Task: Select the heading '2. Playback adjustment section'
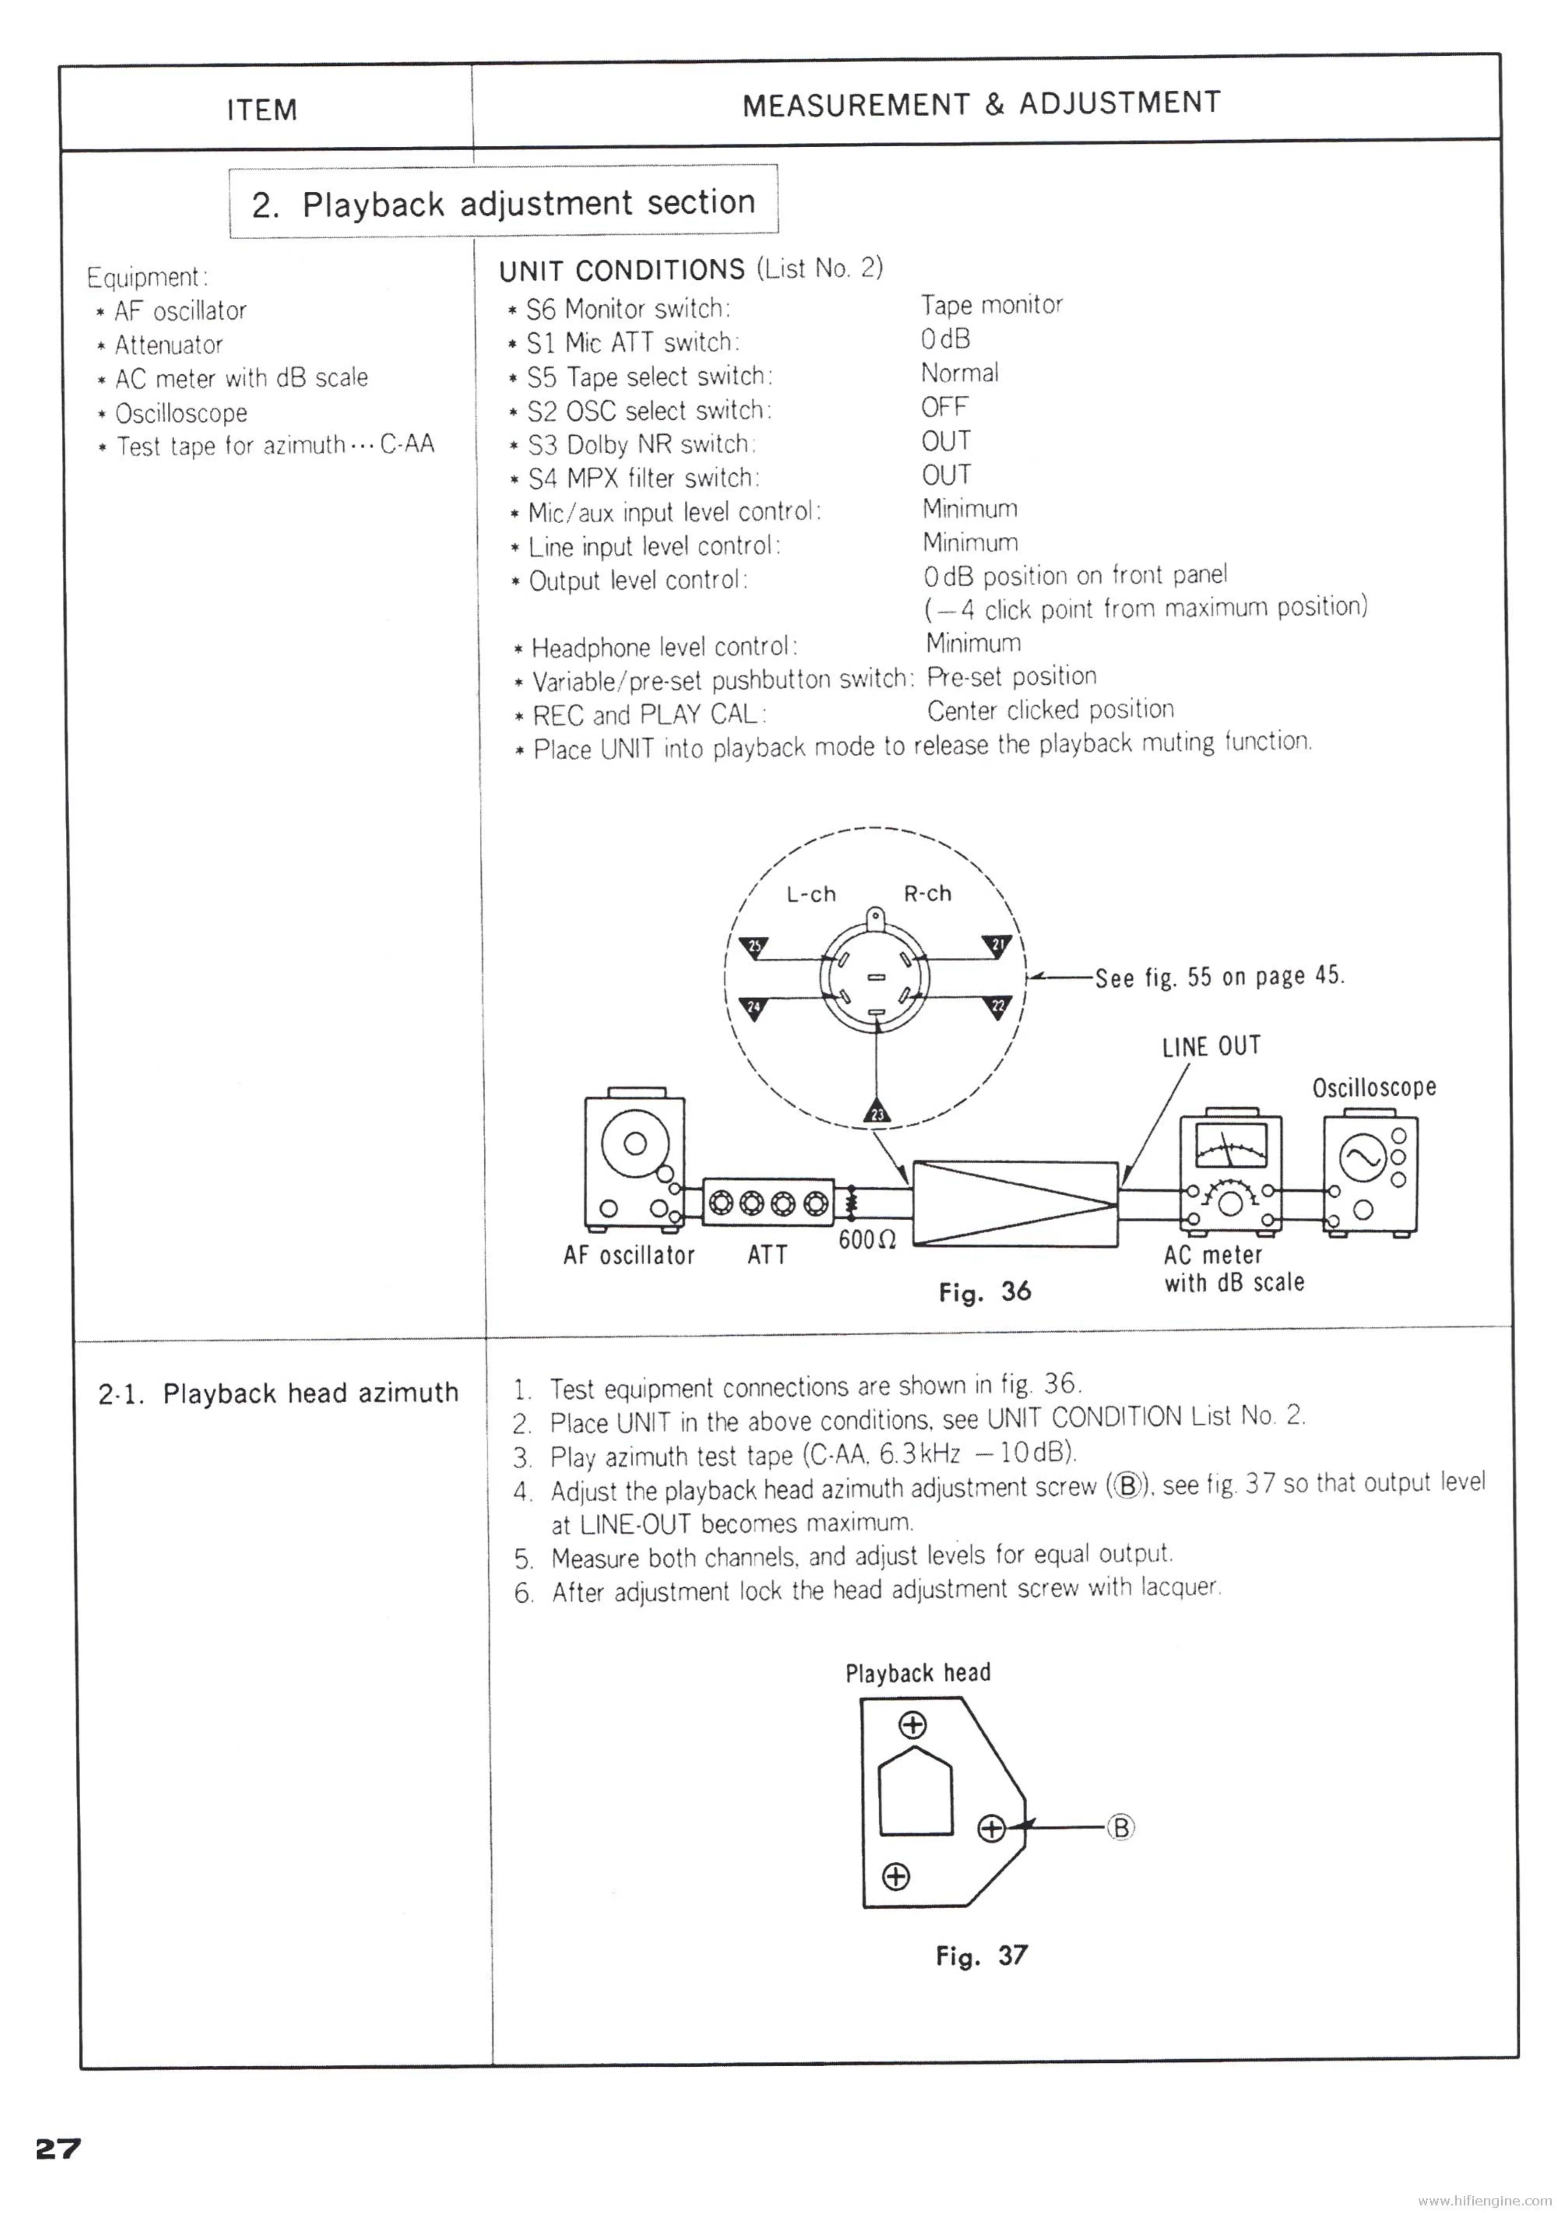[503, 204]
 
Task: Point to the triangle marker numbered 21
[997, 945]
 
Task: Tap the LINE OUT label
[1211, 1046]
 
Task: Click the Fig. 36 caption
[984, 1291]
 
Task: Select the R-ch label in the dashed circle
[928, 894]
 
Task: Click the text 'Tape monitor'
[991, 306]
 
